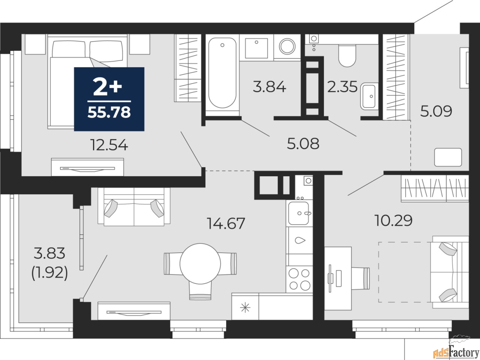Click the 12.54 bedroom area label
click(109, 145)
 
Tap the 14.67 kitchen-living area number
click(226, 223)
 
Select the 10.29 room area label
click(394, 220)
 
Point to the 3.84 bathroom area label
click(270, 87)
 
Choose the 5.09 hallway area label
click(436, 111)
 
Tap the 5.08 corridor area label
click(303, 144)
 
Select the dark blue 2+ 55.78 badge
click(109, 99)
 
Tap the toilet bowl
click(346, 55)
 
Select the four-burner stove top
click(299, 279)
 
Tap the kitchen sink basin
click(298, 213)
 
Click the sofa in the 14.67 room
click(133, 207)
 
